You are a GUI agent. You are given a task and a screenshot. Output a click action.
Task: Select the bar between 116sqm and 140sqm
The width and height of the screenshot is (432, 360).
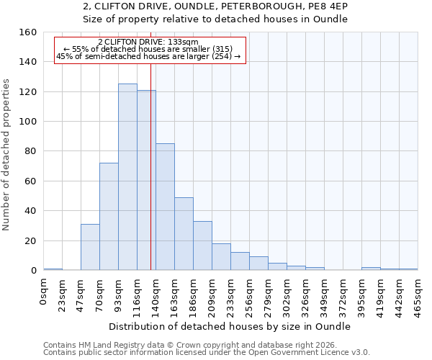146,180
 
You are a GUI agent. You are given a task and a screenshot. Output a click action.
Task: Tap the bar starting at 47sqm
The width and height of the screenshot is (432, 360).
90,247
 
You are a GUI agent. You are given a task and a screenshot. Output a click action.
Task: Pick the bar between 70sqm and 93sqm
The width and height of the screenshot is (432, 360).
109,216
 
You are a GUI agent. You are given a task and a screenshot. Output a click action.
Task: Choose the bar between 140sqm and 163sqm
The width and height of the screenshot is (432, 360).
165,207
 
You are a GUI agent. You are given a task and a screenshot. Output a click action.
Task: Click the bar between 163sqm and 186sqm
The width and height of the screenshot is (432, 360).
184,233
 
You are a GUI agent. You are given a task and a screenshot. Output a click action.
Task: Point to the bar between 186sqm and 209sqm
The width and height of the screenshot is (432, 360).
202,246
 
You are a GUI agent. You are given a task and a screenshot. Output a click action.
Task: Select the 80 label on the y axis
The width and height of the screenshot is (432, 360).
30,151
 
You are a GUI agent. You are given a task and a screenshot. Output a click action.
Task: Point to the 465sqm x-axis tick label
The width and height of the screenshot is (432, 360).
418,295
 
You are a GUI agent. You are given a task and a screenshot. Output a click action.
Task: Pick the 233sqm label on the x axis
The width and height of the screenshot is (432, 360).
230,295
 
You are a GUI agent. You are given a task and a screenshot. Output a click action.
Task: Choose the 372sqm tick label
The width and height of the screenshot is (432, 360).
343,295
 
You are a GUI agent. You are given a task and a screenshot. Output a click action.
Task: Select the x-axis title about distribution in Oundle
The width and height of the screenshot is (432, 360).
230,326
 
